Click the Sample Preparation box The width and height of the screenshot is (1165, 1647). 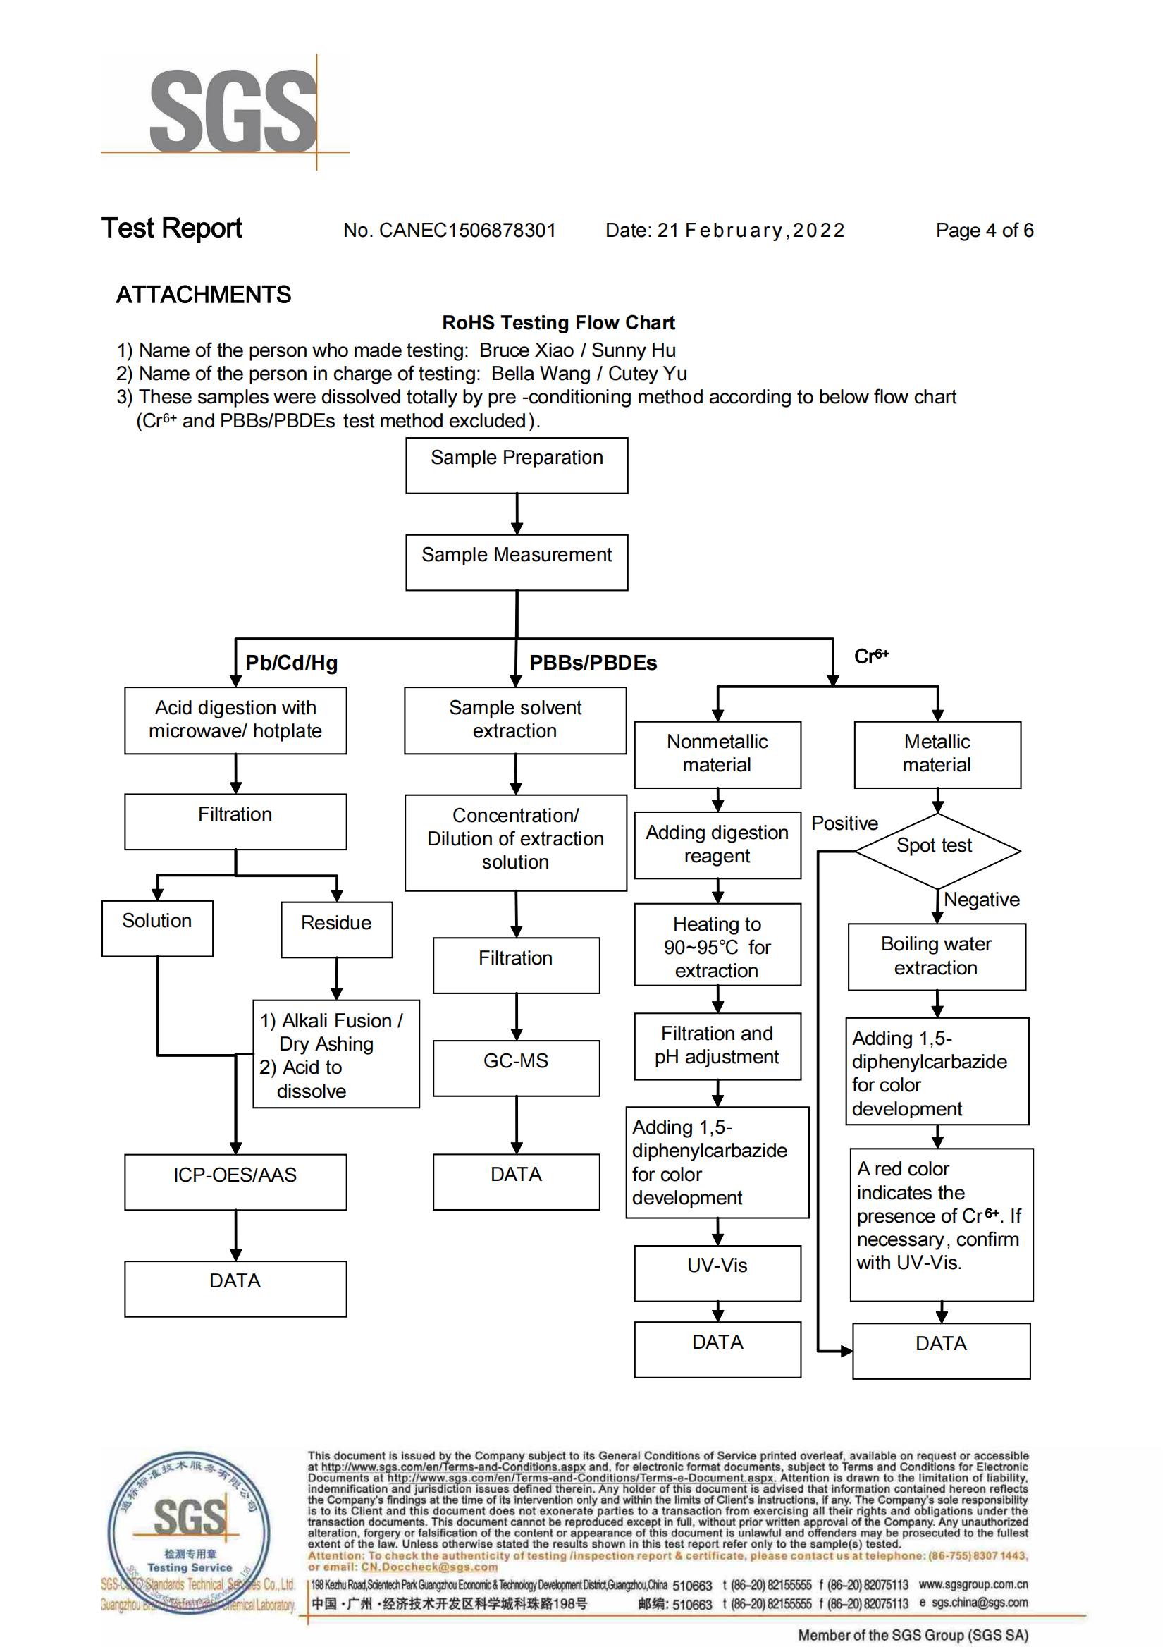pos(517,465)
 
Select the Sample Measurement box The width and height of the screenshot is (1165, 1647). pos(517,563)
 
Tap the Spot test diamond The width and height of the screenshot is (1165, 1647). pos(937,851)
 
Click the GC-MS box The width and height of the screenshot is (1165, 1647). pos(517,1068)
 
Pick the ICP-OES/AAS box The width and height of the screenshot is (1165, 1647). pos(235,1182)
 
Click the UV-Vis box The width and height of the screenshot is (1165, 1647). pos(717,1273)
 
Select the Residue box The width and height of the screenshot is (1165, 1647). pos(336,929)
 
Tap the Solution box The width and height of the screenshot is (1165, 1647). pos(157,928)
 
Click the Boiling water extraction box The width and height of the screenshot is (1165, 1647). pos(937,957)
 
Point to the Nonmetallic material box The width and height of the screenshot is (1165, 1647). pos(717,754)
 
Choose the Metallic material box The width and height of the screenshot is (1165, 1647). pos(937,754)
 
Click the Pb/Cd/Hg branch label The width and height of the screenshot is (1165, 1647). pos(291,662)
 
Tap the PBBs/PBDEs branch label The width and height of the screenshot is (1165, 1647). pos(593,662)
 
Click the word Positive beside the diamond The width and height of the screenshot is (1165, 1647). pos(844,823)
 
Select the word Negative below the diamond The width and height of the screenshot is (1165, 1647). pos(981,899)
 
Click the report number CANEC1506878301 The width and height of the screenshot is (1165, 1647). pos(468,231)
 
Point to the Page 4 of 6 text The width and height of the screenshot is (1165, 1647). pos(984,231)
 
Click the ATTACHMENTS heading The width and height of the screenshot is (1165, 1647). pos(204,294)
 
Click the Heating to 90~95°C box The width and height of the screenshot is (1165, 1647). pos(717,945)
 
